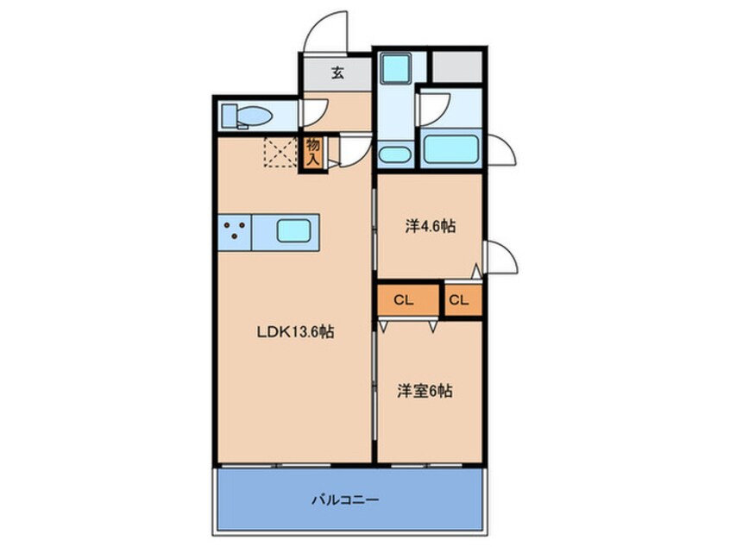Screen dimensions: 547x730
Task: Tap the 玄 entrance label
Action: pos(337,72)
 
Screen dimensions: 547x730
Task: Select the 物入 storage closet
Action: pos(312,153)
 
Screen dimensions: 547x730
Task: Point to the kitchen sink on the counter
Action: pos(297,230)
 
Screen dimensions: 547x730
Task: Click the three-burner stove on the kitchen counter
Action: pos(233,231)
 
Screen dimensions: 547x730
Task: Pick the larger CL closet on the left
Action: pos(405,300)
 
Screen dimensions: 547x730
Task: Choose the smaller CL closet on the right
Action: pos(459,300)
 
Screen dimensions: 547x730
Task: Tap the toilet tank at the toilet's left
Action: pos(228,114)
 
